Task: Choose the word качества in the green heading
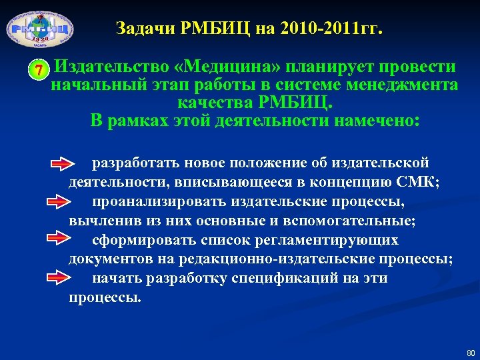pos(211,103)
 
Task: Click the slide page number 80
pos(470,352)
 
